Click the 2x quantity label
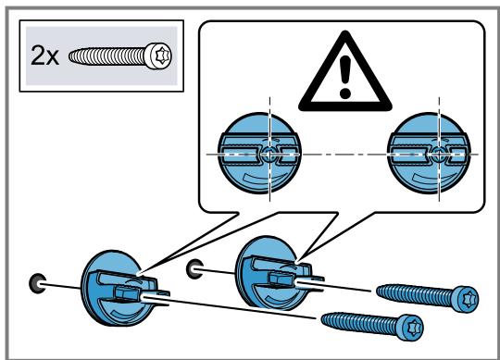44,56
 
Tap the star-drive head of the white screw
158,56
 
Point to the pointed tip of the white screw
69,56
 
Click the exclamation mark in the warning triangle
345,77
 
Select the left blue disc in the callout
259,154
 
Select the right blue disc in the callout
429,154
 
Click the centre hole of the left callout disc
269,155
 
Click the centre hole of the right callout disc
439,155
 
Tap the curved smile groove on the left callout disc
262,179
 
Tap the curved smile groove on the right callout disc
431,179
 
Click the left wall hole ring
37,283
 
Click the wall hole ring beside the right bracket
194,269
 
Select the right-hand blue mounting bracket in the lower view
274,273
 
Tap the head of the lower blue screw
412,328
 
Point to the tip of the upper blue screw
378,291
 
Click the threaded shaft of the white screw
106,56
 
